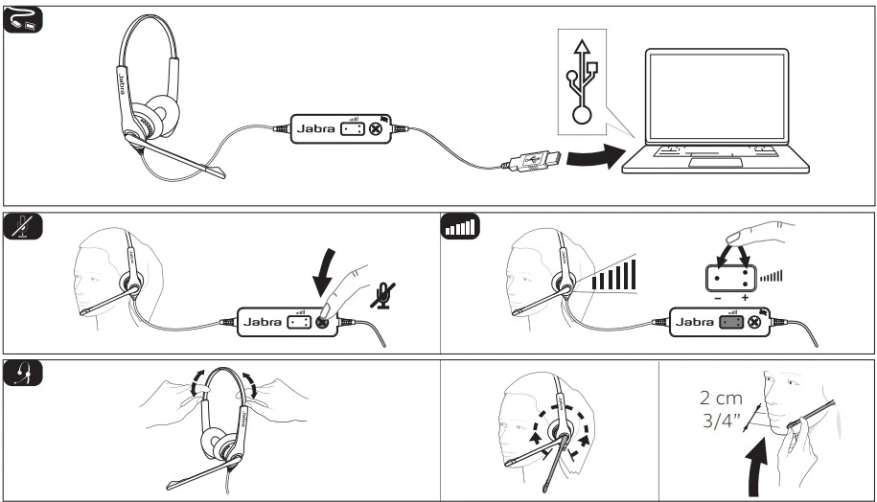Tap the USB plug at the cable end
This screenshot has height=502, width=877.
(x=531, y=163)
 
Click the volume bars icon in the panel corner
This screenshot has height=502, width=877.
(x=459, y=229)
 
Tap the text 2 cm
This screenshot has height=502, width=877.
(x=722, y=395)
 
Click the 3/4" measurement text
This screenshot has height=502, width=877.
(x=722, y=422)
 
